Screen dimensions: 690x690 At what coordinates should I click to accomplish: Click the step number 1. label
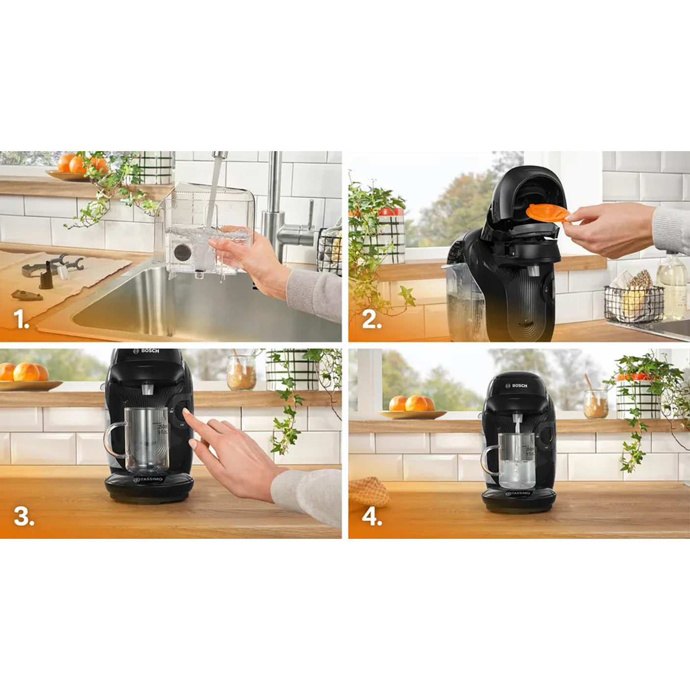tap(21, 319)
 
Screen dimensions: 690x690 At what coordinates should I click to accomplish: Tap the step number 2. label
tap(372, 320)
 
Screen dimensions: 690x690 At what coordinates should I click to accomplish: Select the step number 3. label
tap(24, 516)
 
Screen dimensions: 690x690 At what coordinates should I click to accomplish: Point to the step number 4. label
tap(372, 517)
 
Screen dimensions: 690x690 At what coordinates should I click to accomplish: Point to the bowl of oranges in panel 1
tap(76, 167)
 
